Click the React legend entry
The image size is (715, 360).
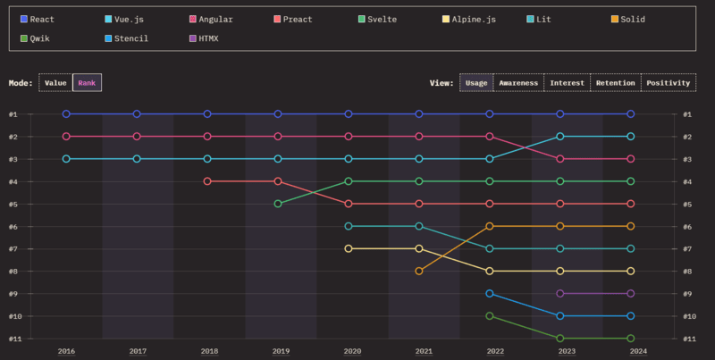tap(36, 19)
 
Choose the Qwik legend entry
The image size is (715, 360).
tap(36, 38)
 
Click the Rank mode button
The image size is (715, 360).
tap(88, 82)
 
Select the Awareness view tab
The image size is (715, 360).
tap(518, 82)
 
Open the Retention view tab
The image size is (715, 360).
tap(615, 82)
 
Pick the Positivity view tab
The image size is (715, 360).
tap(669, 82)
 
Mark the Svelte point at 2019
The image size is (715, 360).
tap(278, 204)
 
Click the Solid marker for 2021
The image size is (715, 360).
tap(419, 271)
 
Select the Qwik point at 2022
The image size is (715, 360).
tap(490, 315)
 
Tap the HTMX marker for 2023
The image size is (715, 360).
tap(560, 293)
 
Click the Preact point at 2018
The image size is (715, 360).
tap(207, 181)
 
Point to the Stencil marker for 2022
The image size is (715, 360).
tap(490, 293)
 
